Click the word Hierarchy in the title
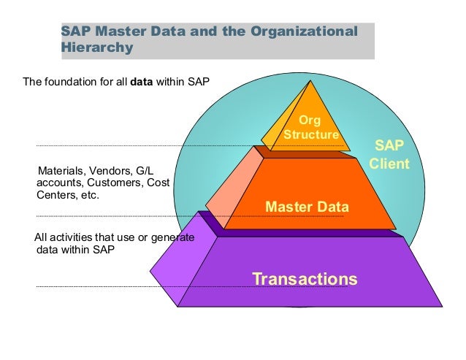click(96, 48)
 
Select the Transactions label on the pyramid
click(305, 278)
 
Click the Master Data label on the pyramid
click(307, 207)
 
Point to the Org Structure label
click(311, 127)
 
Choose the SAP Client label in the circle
click(389, 155)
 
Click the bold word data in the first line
click(142, 81)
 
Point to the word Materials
click(61, 171)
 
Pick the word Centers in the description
click(57, 196)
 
